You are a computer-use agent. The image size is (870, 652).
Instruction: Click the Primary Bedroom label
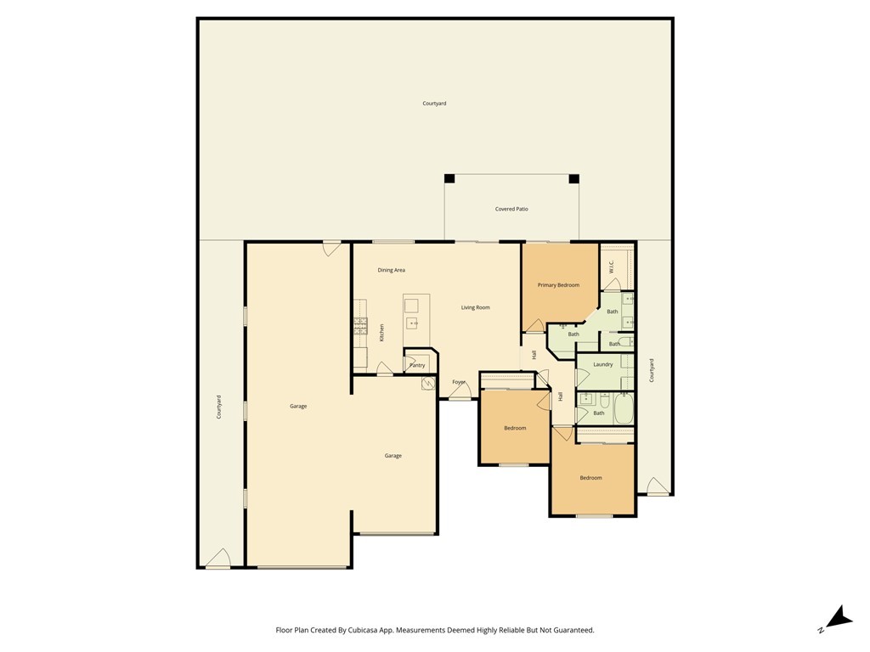[x=558, y=285]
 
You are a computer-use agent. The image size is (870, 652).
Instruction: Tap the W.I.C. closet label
[x=611, y=267]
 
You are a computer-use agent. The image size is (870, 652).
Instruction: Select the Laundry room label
[x=603, y=364]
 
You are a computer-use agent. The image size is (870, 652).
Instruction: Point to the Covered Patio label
[x=511, y=209]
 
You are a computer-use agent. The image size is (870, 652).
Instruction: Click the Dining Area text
[x=391, y=270]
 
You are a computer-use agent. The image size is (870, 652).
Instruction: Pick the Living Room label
[x=476, y=307]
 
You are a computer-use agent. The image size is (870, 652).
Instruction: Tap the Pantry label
[x=417, y=365]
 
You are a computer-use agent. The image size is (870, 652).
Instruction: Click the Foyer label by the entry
[x=459, y=382]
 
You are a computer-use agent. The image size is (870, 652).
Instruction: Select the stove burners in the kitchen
[x=360, y=324]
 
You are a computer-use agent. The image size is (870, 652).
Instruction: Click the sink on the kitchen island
[x=412, y=323]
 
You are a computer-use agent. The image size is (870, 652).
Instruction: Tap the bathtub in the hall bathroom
[x=624, y=408]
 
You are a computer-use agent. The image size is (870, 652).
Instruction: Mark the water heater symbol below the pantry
[x=428, y=384]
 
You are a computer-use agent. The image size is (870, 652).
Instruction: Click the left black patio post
[x=449, y=179]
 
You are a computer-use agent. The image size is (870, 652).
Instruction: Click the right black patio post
[x=573, y=179]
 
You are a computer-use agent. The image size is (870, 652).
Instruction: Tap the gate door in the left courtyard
[x=218, y=559]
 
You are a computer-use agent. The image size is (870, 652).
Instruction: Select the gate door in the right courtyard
[x=657, y=486]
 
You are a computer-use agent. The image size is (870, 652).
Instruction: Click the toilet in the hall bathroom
[x=604, y=401]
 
